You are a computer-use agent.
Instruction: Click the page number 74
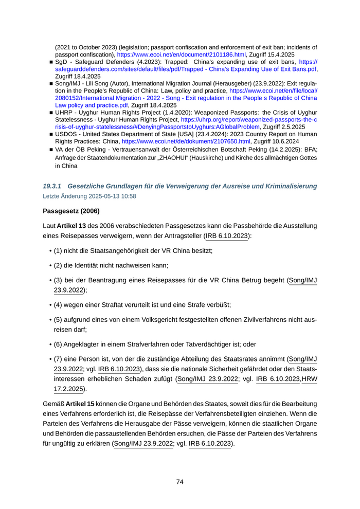pos(180,482)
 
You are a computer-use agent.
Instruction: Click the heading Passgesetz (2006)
pos(71,211)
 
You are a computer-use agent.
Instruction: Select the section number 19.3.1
pos(52,186)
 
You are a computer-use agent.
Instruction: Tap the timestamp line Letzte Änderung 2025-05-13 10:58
pos(89,195)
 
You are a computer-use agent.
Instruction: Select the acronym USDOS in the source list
pos(67,134)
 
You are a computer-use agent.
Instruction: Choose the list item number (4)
pos(59,304)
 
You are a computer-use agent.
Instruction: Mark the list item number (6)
pos(59,344)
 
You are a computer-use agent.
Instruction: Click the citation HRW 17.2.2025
pos(309,384)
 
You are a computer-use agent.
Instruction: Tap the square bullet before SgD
pos(51,61)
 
